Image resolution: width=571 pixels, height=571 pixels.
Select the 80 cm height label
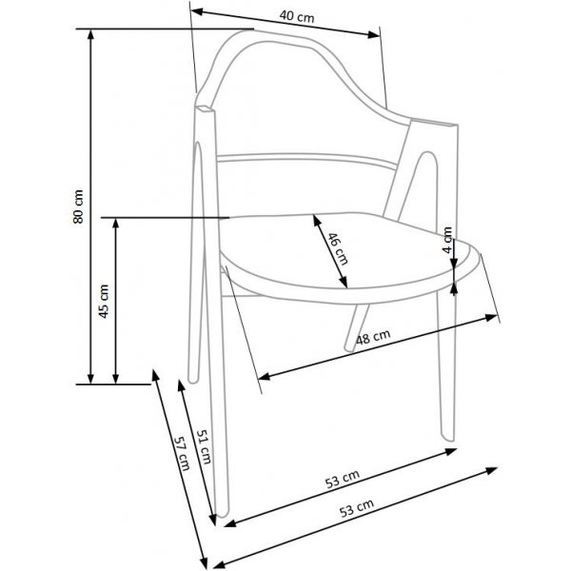80,206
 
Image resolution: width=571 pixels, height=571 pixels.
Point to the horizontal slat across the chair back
305,160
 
